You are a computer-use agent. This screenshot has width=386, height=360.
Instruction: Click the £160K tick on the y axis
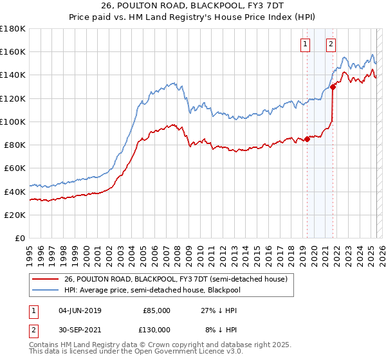[x=13, y=51]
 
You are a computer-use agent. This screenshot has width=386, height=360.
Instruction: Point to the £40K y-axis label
[x=15, y=192]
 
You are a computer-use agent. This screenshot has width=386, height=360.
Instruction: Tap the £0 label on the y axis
[x=21, y=238]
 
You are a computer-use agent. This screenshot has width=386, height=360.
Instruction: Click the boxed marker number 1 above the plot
[x=304, y=44]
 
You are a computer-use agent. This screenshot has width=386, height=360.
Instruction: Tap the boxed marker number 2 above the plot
[x=331, y=44]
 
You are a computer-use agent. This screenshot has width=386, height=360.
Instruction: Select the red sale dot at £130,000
[x=333, y=87]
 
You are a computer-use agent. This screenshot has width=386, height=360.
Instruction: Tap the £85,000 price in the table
[x=156, y=310]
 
